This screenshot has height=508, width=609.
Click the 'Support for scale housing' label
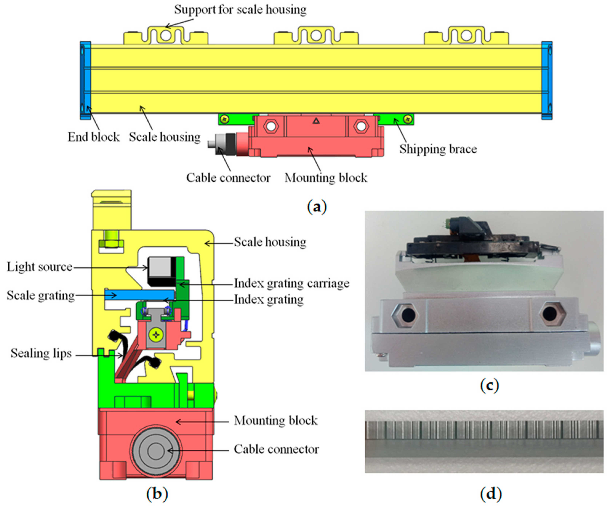click(240, 10)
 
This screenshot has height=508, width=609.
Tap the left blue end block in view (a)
click(85, 80)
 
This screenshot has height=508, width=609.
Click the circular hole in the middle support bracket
click(316, 36)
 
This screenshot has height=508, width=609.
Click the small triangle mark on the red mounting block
click(316, 121)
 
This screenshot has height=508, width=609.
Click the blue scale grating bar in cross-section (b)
click(139, 295)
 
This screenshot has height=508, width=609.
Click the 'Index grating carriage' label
click(291, 283)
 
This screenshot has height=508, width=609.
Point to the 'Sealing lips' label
click(41, 353)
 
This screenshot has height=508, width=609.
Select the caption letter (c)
click(490, 385)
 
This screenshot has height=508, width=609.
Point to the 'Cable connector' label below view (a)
click(228, 178)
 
